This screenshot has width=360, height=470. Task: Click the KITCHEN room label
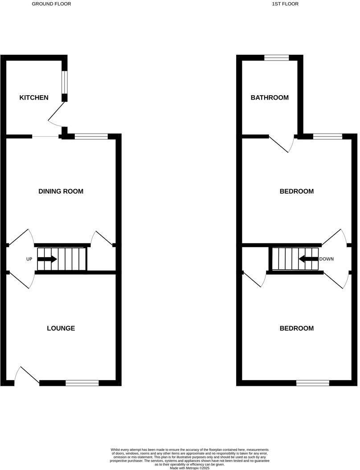click(34, 97)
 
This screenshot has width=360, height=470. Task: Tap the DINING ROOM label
click(61, 191)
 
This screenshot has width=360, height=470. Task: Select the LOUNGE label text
click(61, 328)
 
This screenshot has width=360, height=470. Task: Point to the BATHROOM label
click(270, 97)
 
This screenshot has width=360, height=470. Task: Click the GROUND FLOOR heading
click(51, 4)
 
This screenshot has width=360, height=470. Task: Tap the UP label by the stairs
click(29, 259)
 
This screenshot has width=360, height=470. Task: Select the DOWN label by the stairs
click(327, 259)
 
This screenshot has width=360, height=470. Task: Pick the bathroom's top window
click(276, 57)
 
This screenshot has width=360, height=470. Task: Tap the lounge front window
click(82, 383)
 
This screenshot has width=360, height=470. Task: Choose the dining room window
click(91, 137)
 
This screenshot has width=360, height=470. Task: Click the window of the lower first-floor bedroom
click(313, 383)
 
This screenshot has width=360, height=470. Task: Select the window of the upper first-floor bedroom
click(327, 137)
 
